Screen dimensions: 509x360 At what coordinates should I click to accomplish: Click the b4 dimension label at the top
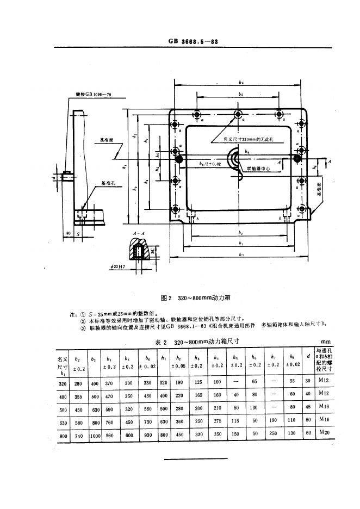tap(241, 82)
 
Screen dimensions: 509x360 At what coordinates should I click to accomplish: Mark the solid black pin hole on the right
tap(297, 159)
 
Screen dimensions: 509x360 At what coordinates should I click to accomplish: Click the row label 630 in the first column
tap(63, 420)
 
